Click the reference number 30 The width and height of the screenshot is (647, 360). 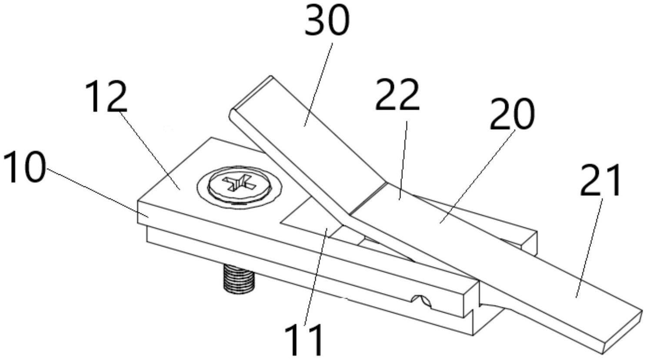pos(327,20)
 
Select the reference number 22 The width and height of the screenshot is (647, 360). pos(397,95)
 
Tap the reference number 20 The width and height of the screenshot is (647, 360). pos(512,114)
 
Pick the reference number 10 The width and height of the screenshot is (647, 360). pos(24,167)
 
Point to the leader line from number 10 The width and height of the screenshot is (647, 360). pos(96,193)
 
